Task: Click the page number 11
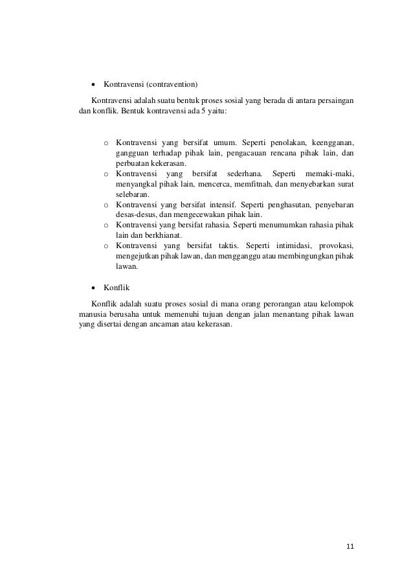(350, 547)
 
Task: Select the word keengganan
(333, 143)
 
